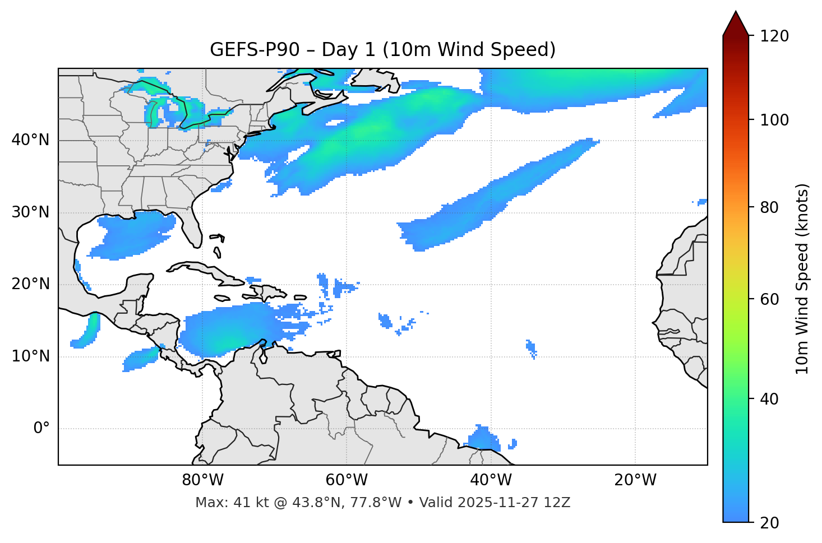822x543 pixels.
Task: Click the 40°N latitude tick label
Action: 30,140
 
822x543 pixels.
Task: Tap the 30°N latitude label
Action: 30,212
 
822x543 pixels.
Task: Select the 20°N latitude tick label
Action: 30,285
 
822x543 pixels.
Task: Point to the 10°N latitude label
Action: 30,356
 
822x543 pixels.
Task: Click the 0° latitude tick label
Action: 41,429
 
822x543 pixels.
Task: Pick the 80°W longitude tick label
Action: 202,480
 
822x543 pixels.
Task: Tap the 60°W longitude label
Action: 347,480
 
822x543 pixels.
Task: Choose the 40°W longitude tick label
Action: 491,480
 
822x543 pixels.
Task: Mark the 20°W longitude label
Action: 635,480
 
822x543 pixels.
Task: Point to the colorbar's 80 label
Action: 769,207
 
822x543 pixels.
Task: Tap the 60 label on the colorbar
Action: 769,299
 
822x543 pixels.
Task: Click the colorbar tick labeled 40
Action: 769,399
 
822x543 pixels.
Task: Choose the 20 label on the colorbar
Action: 769,523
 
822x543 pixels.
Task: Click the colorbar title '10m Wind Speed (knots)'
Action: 802,279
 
